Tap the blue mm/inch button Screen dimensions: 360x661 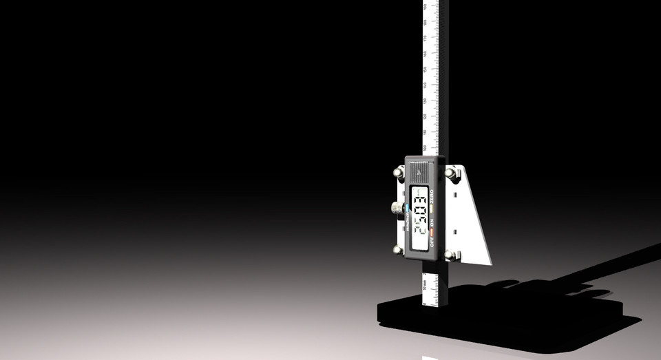coord(408,207)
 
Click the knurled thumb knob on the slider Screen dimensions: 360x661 coord(397,207)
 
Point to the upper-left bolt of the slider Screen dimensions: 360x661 coord(399,172)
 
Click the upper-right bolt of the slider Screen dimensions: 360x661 coord(451,173)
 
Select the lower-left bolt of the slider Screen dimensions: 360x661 coord(398,249)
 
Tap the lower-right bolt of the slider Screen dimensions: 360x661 coord(450,255)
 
